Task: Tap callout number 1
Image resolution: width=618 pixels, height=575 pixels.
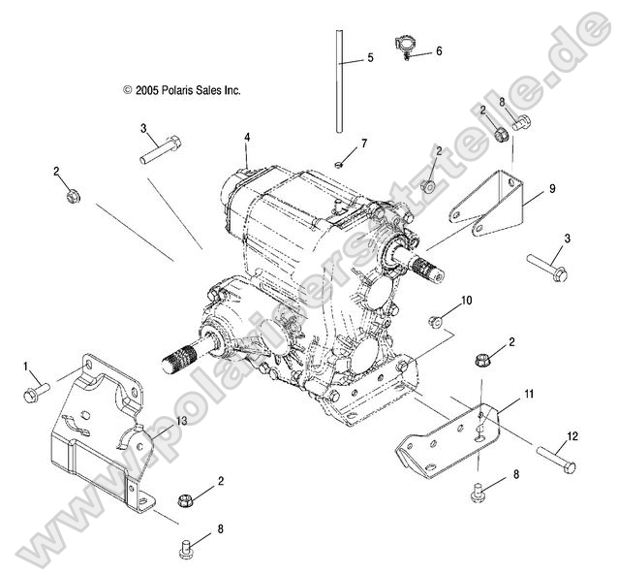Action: (26, 366)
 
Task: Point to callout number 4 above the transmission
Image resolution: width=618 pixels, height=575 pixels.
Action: (247, 138)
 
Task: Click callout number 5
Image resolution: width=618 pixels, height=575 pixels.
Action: (369, 59)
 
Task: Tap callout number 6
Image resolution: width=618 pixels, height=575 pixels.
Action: (439, 50)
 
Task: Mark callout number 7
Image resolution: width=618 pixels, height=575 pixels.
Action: (364, 144)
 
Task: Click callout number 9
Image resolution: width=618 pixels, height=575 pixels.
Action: (552, 190)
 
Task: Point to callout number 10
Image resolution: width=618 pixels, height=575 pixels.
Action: (466, 301)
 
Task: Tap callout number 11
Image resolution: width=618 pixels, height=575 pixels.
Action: (529, 394)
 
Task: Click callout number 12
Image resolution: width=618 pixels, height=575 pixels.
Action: (572, 436)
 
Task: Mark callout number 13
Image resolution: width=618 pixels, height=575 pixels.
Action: (181, 420)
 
